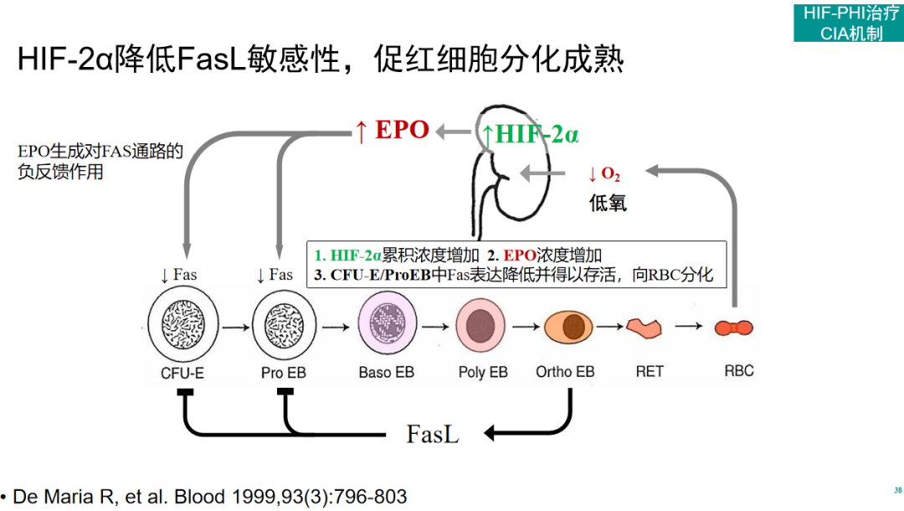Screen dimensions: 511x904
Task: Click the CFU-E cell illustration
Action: click(182, 326)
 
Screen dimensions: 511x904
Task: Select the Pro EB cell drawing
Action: click(285, 326)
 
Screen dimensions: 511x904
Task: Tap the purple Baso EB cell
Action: click(387, 326)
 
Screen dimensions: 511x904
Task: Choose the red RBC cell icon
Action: click(735, 327)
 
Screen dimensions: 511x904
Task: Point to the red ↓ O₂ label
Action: click(604, 174)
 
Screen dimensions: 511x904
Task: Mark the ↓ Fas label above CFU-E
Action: click(178, 275)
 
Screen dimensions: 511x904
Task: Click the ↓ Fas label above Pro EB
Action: click(275, 275)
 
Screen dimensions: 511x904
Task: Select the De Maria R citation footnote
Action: click(205, 496)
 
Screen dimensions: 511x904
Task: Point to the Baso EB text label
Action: click(386, 372)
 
